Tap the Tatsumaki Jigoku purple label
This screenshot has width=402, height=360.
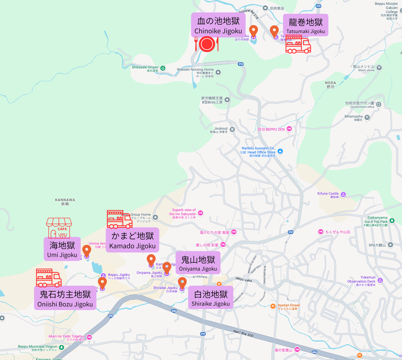[x=306, y=25]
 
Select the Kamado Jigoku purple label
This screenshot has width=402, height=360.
[x=132, y=240]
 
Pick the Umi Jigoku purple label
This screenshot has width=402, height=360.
[x=62, y=249]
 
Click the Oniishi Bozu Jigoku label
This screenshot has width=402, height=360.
[x=65, y=298]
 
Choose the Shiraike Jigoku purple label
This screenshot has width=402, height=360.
[x=211, y=298]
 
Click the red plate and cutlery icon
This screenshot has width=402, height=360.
[x=207, y=44]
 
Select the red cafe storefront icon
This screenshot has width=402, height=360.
[x=59, y=228]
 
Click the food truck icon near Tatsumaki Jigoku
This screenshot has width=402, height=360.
[x=298, y=44]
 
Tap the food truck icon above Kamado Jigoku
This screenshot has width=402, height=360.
[x=119, y=219]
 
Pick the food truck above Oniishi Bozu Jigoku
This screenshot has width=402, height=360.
[x=49, y=278]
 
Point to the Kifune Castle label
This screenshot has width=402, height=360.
[x=328, y=194]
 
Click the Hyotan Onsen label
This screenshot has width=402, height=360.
[x=288, y=305]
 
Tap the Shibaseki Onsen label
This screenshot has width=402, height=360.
[x=145, y=67]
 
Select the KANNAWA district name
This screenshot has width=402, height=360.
[x=65, y=200]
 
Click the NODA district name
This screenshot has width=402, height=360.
[x=330, y=83]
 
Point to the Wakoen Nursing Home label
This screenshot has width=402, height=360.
[x=195, y=70]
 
